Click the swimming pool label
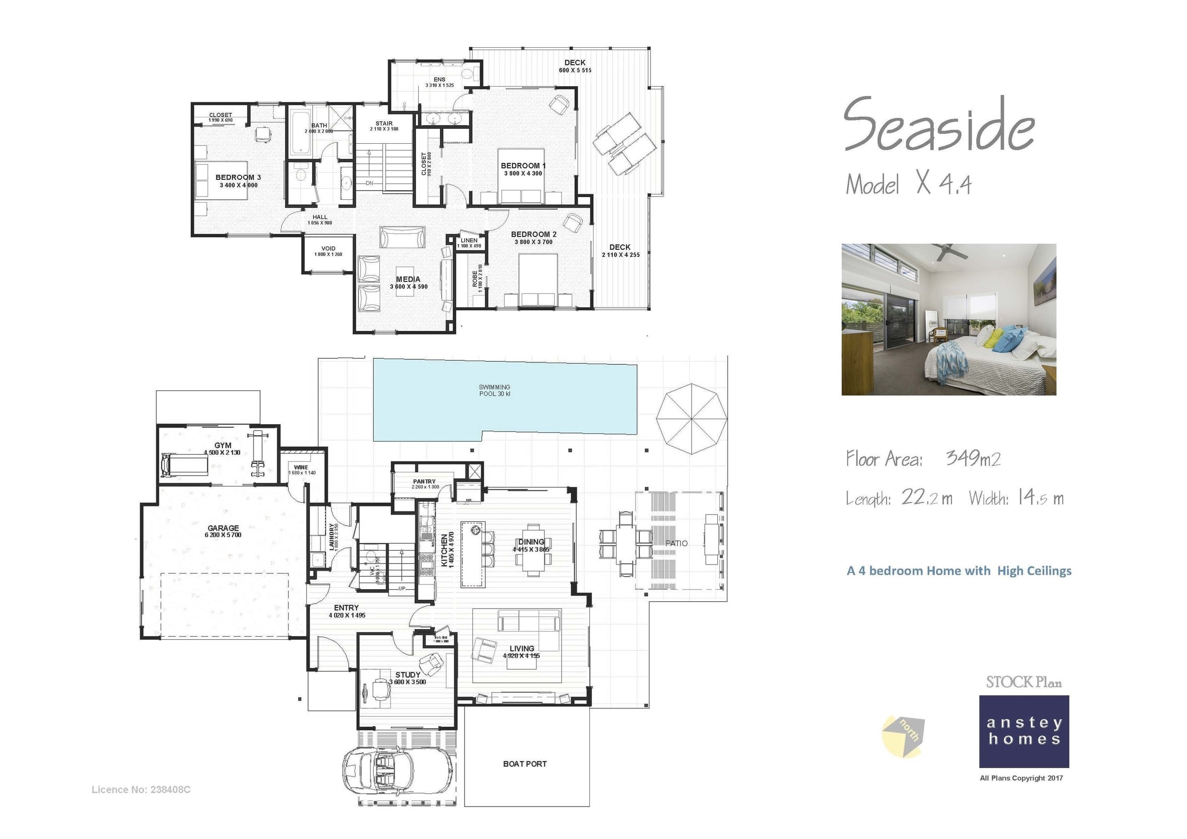pyautogui.click(x=494, y=390)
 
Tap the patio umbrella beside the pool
pyautogui.click(x=691, y=419)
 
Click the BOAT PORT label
pyautogui.click(x=525, y=763)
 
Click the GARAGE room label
pyautogui.click(x=223, y=530)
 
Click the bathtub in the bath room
pyautogui.click(x=300, y=134)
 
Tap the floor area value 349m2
pyautogui.click(x=973, y=458)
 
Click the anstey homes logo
pyautogui.click(x=1024, y=731)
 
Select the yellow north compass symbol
pyautogui.click(x=903, y=736)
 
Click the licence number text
pyautogui.click(x=140, y=789)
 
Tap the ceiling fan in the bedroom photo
pyautogui.click(x=949, y=252)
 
